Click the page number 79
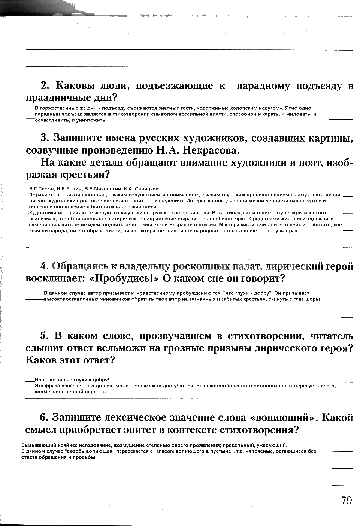(x=347, y=500)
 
